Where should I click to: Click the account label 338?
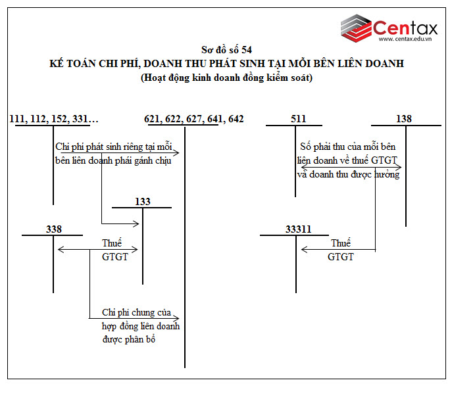pos(54,229)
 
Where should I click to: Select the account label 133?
pos(142,202)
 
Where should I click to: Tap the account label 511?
pos(298,119)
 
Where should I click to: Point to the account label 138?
pos(404,119)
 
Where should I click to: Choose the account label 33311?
pos(298,229)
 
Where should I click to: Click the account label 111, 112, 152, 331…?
pos(55,119)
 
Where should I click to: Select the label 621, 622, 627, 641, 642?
pos(194,119)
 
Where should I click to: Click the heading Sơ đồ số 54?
pos(226,50)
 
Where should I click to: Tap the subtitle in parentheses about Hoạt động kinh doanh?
pos(226,78)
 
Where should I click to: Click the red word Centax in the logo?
pos(405,28)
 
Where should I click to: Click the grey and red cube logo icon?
pos(356,28)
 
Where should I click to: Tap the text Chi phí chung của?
pos(136,312)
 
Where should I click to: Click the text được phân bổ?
pos(129,340)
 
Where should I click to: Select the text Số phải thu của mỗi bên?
pos(348,146)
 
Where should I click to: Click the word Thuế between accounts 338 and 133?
pos(112,243)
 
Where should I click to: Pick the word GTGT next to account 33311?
pos(341,257)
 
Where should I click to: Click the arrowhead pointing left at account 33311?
pos(303,250)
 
